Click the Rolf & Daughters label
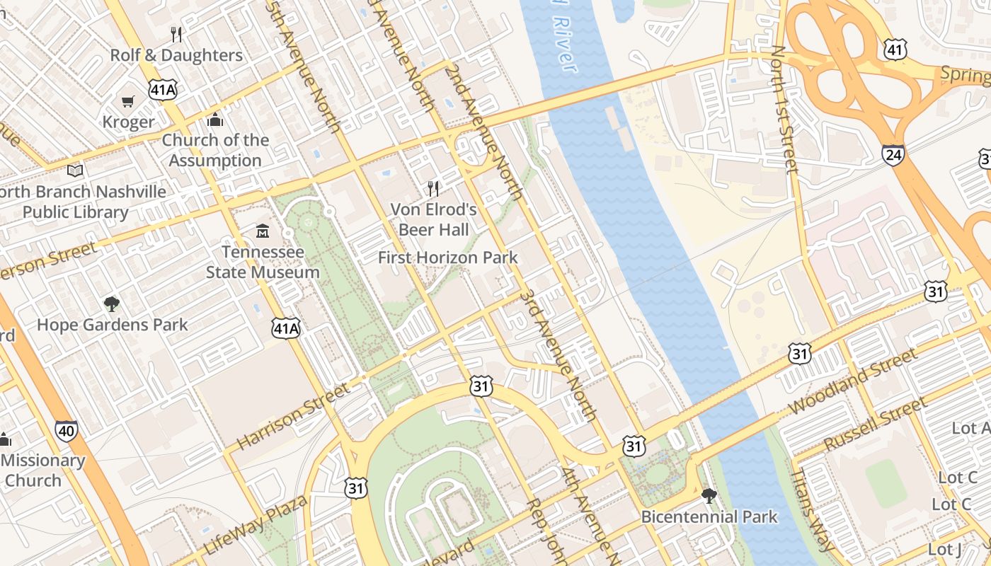pyautogui.click(x=176, y=55)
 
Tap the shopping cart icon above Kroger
pyautogui.click(x=128, y=102)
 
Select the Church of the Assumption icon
pyautogui.click(x=215, y=120)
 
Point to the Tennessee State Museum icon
pyautogui.click(x=263, y=231)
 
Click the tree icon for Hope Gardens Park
pyautogui.click(x=111, y=304)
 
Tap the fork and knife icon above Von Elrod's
pyautogui.click(x=433, y=188)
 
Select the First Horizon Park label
pyautogui.click(x=447, y=258)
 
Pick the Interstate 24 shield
pyautogui.click(x=893, y=154)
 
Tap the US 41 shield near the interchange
pyautogui.click(x=895, y=48)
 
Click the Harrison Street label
pyautogui.click(x=293, y=417)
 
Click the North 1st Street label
pyautogui.click(x=784, y=110)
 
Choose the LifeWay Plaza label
pyautogui.click(x=256, y=524)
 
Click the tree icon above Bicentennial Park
pyautogui.click(x=709, y=495)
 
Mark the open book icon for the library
pyautogui.click(x=75, y=171)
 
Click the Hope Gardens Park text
pyautogui.click(x=112, y=325)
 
